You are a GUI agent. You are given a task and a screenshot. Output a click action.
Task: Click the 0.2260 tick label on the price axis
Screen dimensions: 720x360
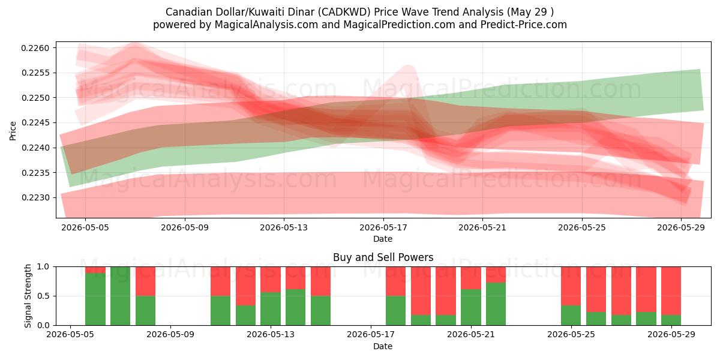click(x=35, y=48)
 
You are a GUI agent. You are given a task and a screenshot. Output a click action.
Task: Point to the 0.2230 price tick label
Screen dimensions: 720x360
click(x=35, y=197)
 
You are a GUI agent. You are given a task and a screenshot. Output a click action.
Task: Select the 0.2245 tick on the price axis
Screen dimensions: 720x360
click(x=35, y=123)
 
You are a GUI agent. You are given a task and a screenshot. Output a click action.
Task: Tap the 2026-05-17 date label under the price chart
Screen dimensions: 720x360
click(x=383, y=228)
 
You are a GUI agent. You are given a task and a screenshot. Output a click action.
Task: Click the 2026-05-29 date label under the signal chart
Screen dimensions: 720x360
click(x=671, y=335)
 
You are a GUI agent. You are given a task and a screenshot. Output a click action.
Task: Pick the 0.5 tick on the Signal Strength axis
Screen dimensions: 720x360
click(x=43, y=296)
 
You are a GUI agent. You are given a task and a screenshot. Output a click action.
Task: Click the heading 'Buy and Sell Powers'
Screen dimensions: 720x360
click(x=383, y=257)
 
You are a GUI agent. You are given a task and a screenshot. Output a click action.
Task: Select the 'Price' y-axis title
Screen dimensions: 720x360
click(x=13, y=131)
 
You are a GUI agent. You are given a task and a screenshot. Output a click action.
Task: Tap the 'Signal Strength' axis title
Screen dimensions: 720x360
click(x=28, y=296)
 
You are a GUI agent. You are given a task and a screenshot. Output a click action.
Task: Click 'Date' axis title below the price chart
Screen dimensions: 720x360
click(x=383, y=239)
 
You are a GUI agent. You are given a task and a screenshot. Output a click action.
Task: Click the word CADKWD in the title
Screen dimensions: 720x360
click(x=344, y=12)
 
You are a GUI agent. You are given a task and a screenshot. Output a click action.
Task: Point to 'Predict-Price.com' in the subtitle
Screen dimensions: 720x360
click(x=524, y=25)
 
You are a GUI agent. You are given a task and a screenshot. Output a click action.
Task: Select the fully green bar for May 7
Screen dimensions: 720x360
click(x=120, y=296)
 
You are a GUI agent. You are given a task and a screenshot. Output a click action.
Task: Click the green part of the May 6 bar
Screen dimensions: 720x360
click(x=95, y=299)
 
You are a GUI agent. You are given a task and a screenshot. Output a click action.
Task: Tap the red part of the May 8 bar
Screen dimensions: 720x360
click(x=145, y=281)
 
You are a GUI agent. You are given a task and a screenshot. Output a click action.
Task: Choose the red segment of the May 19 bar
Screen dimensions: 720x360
click(x=421, y=291)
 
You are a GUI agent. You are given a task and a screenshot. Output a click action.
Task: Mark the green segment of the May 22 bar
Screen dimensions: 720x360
click(x=496, y=304)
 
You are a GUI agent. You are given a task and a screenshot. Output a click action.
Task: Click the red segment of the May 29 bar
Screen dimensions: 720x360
click(x=671, y=291)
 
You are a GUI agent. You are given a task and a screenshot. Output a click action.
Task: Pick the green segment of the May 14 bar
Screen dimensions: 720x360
click(x=295, y=307)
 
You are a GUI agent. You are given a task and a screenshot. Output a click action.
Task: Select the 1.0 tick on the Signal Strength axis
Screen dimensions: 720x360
click(x=43, y=267)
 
